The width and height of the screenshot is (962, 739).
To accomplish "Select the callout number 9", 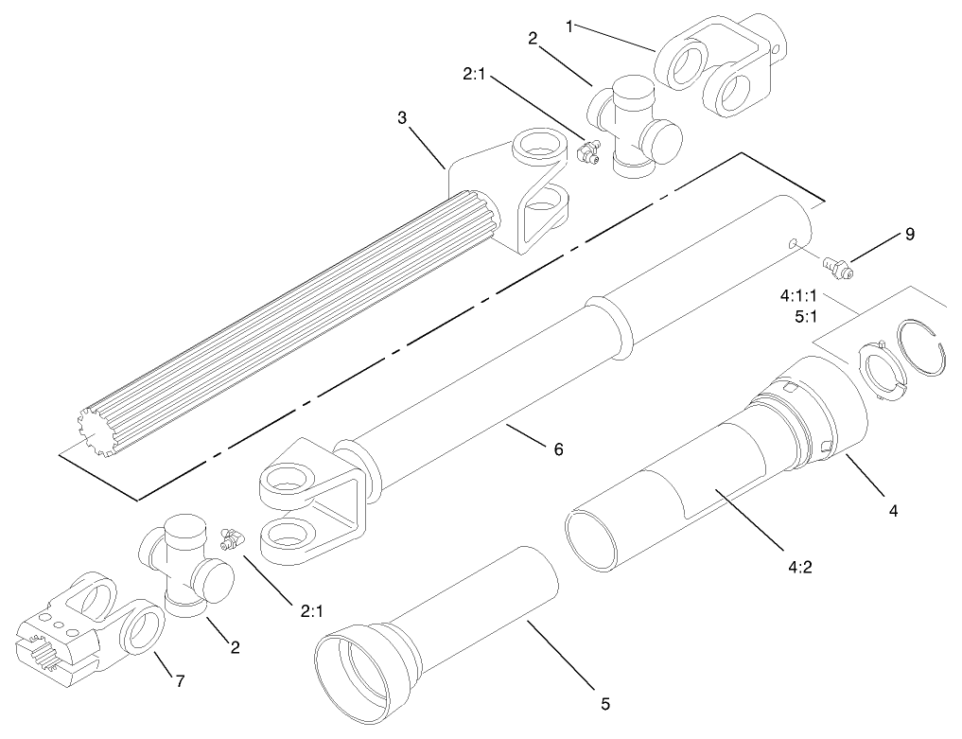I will [910, 234].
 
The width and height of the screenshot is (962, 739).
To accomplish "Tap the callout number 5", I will [605, 703].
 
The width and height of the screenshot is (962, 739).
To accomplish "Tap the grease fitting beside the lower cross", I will [228, 538].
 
